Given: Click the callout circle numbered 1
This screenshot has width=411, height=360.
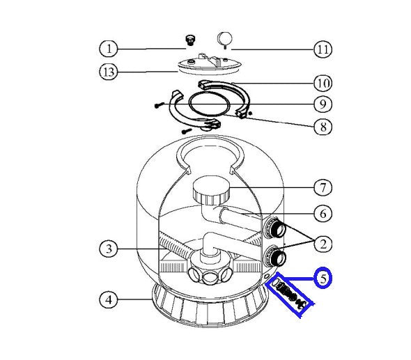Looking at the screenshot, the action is (x=109, y=49).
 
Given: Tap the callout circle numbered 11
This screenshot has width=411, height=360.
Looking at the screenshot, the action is (x=323, y=49).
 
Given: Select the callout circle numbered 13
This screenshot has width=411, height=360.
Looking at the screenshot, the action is (x=109, y=72).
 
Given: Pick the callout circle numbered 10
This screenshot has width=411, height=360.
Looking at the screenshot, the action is (x=323, y=84).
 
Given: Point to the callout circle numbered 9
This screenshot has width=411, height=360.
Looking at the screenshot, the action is (x=323, y=104).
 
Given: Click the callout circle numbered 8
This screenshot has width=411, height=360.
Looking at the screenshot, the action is (x=323, y=127).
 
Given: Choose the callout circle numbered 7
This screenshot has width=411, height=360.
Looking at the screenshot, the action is (x=323, y=187).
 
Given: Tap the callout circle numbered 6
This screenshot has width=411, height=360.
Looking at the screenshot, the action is (x=323, y=213).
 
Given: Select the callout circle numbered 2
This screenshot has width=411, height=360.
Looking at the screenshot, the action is (x=323, y=244).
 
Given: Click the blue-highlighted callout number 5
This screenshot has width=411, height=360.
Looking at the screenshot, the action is (x=323, y=278).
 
